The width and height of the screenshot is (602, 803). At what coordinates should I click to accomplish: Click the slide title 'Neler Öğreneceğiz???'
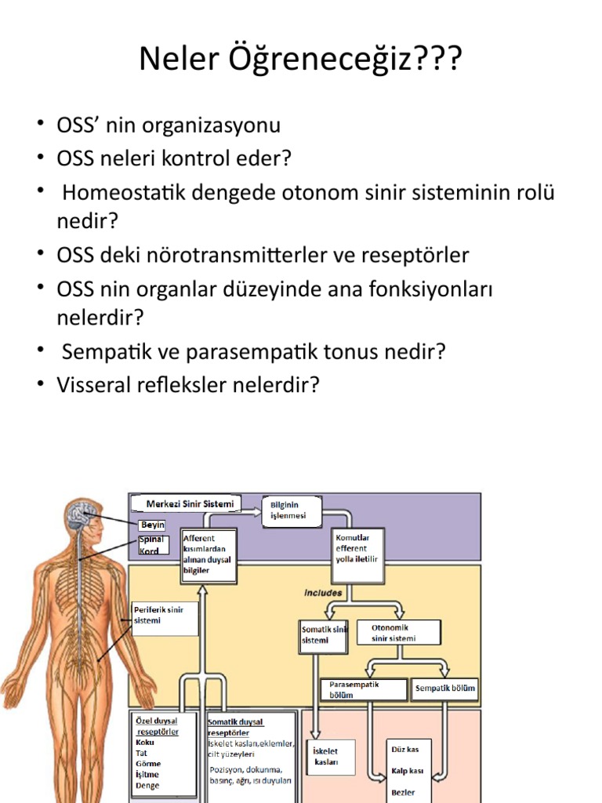(300, 59)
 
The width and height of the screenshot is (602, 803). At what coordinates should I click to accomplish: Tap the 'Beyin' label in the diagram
(152, 525)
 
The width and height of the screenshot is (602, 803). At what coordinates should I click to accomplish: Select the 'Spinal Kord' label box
(152, 545)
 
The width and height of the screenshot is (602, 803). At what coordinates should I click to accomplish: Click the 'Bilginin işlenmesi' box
(292, 511)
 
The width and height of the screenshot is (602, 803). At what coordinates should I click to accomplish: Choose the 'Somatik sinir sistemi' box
(324, 635)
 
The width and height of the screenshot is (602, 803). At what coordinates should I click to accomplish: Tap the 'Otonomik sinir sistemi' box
(398, 632)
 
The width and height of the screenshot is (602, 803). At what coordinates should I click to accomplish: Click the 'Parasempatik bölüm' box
(364, 689)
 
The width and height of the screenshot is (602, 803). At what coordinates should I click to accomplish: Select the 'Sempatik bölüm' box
(445, 689)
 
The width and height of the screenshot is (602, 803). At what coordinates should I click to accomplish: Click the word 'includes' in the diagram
(323, 594)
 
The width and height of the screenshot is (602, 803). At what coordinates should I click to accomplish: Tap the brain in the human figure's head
(82, 514)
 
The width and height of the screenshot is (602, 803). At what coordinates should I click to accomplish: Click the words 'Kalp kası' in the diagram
(407, 770)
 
